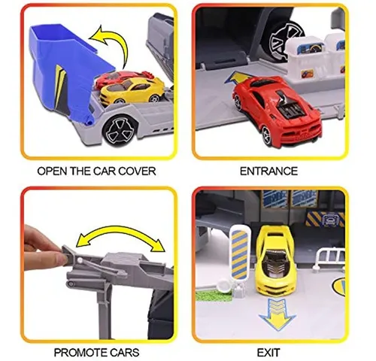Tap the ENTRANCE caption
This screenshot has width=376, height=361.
[x=268, y=171]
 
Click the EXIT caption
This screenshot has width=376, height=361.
[x=268, y=353]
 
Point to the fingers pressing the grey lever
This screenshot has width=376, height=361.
[x=44, y=247]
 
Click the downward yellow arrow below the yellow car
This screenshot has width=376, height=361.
[x=277, y=314]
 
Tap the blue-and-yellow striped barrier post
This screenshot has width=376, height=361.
[x=240, y=253]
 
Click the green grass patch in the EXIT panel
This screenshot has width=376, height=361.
[x=212, y=296]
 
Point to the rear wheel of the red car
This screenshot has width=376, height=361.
[x=267, y=135]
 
